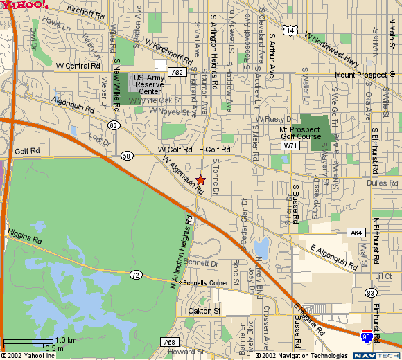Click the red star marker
pyautogui.click(x=201, y=180)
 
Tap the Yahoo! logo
pyautogui.click(x=25, y=5)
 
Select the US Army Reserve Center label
pyautogui.click(x=150, y=84)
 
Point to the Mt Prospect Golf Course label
pyautogui.click(x=299, y=133)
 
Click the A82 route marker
pyautogui.click(x=177, y=72)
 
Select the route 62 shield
pyautogui.click(x=114, y=125)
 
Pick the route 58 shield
pyautogui.click(x=126, y=156)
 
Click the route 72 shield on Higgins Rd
pyautogui.click(x=135, y=275)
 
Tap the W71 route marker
pyautogui.click(x=290, y=146)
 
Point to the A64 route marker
pyautogui.click(x=356, y=233)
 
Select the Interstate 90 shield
pyautogui.click(x=367, y=337)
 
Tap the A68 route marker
pyautogui.click(x=170, y=342)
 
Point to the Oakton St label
pyautogui.click(x=204, y=312)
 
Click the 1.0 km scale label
pyautogui.click(x=66, y=340)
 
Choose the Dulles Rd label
pyautogui.click(x=385, y=183)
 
